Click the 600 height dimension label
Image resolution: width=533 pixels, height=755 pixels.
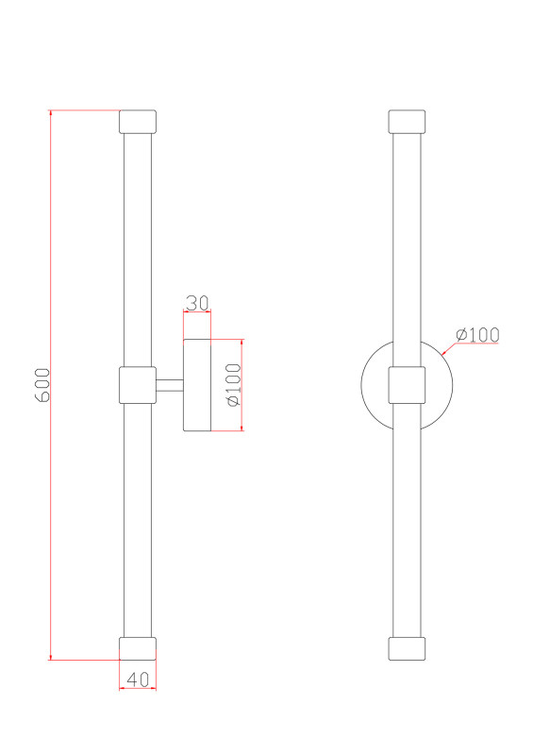(42, 385)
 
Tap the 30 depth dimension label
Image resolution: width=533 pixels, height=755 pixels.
(197, 303)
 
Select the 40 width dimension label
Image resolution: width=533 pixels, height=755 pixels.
(137, 679)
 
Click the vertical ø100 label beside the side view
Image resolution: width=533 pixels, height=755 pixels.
(234, 385)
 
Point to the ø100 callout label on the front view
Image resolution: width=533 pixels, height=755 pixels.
(477, 334)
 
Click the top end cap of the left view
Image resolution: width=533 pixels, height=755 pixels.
(138, 122)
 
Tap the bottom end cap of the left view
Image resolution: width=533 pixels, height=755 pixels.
(138, 648)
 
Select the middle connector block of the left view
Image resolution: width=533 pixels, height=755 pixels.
(138, 385)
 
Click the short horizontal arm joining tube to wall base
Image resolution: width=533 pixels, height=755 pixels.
(170, 385)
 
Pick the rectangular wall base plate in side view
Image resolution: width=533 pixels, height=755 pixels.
(197, 385)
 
